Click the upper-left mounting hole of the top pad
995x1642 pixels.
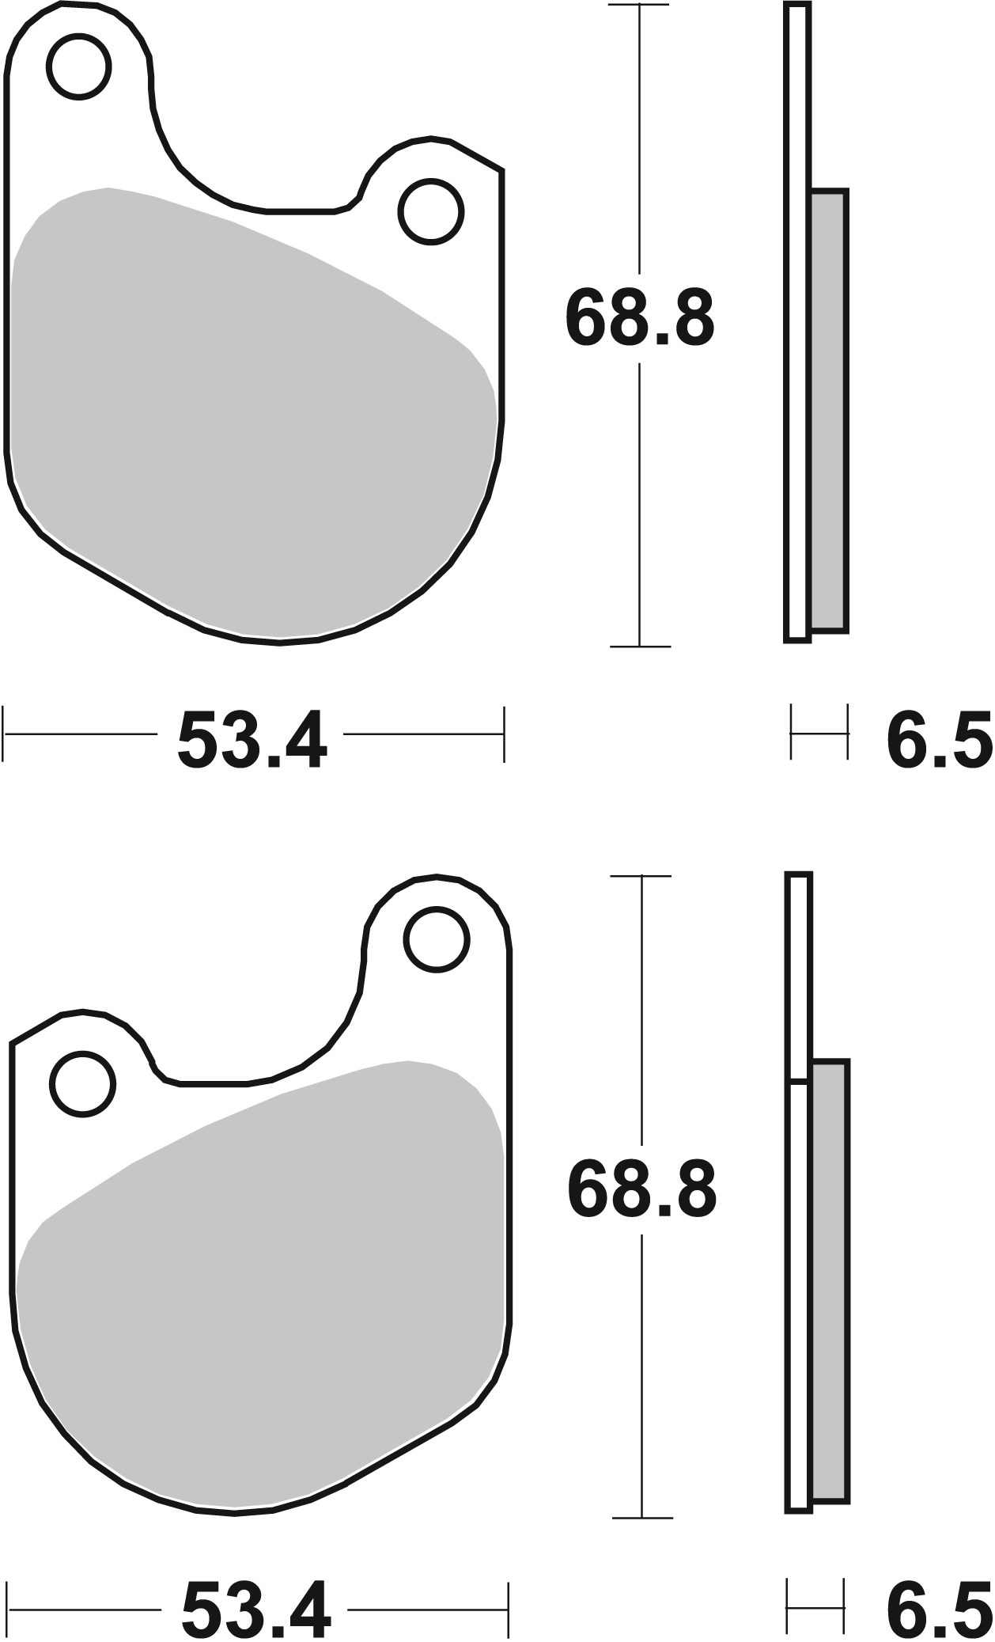[78, 66]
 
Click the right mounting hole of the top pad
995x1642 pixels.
[431, 211]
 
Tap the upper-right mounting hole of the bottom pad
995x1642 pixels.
[436, 939]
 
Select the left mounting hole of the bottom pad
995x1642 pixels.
[82, 1084]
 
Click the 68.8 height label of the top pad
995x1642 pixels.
[639, 318]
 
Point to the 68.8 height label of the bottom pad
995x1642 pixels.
[641, 1191]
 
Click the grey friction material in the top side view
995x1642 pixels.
[829, 411]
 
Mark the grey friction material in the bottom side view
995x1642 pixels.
[830, 1282]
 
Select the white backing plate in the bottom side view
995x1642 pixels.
[800, 1266]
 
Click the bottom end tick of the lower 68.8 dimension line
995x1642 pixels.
[641, 1517]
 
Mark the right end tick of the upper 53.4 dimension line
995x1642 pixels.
[503, 734]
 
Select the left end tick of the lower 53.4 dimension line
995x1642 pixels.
[7, 1608]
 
